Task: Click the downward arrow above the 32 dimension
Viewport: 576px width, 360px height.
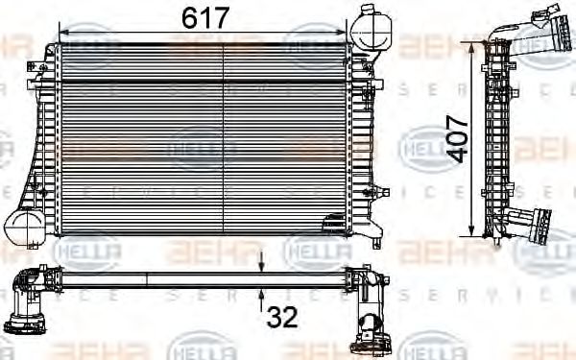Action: click(262, 261)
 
